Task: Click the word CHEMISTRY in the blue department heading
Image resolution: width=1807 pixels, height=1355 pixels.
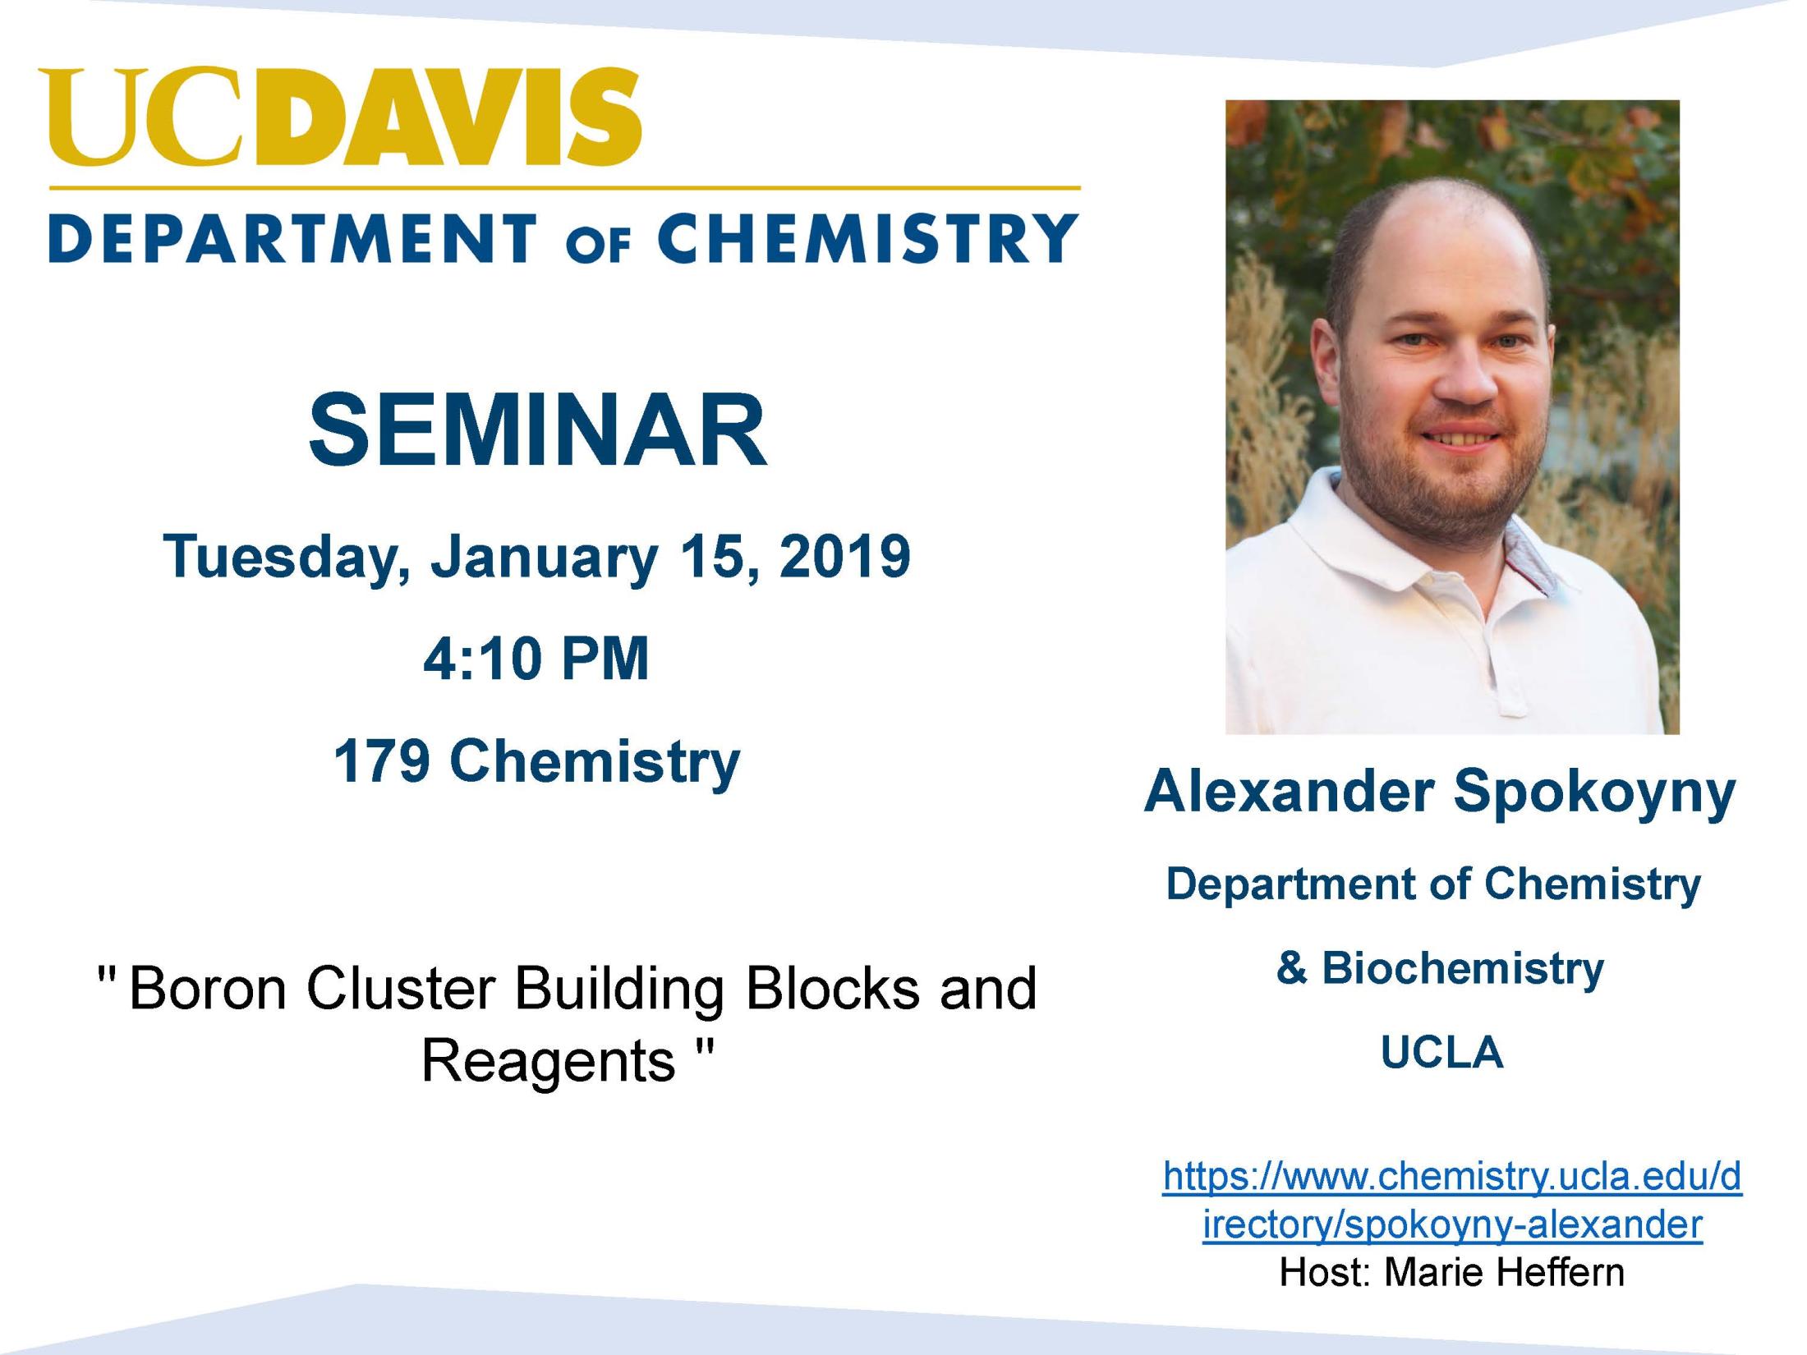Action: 867,238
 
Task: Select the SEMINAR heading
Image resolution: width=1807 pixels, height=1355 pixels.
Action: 538,430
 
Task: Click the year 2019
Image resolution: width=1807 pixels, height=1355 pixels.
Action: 844,556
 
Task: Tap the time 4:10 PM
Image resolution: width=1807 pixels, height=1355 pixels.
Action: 536,659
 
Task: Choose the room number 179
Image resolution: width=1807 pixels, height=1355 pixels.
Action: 382,760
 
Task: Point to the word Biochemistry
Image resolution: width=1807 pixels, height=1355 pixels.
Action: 1462,969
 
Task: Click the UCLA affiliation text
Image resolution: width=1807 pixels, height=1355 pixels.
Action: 1442,1053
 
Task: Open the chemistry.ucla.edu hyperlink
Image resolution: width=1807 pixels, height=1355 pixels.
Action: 1452,1200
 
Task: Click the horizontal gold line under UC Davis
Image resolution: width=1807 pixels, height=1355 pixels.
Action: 564,188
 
